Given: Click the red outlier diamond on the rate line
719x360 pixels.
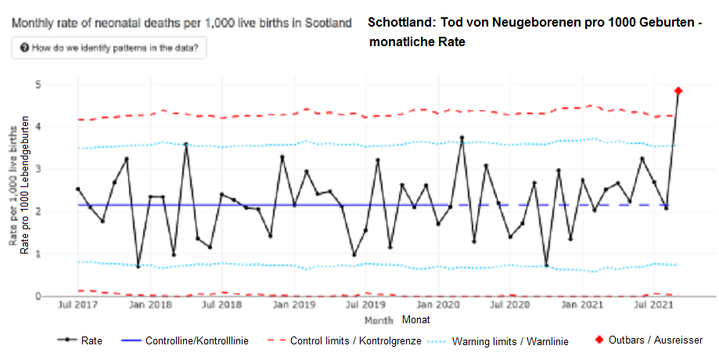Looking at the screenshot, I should click(678, 91).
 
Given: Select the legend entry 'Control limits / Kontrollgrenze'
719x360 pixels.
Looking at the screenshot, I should click(345, 341).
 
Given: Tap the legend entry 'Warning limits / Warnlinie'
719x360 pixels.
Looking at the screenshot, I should click(499, 341).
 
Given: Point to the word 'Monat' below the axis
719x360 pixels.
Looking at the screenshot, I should click(415, 319).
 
